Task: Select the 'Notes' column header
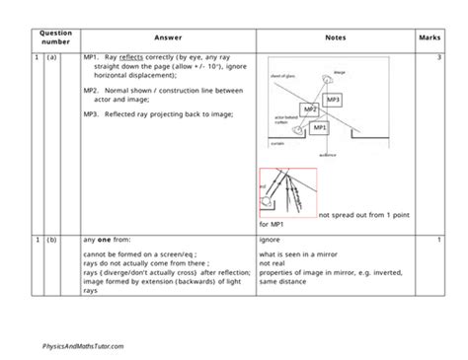click(x=335, y=37)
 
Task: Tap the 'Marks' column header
click(x=429, y=37)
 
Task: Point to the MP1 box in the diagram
click(x=318, y=128)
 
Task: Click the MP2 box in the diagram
click(x=309, y=108)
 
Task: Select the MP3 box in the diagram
click(x=333, y=101)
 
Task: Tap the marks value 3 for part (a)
click(x=437, y=59)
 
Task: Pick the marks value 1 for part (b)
click(x=437, y=240)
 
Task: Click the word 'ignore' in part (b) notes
click(x=270, y=240)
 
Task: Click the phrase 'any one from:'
click(x=106, y=240)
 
